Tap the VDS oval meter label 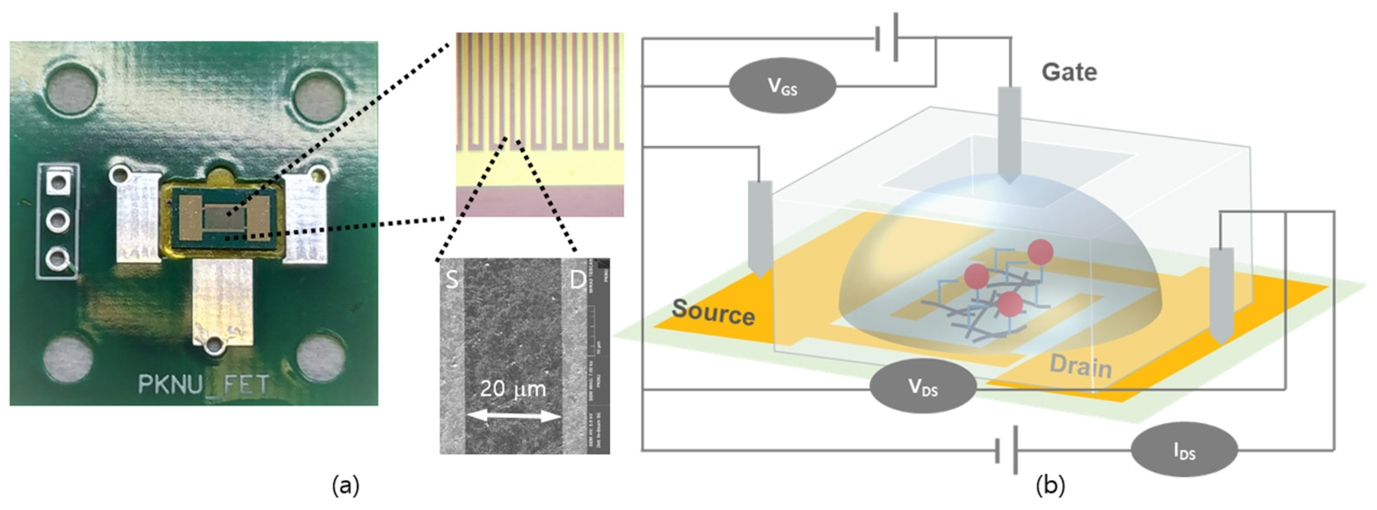pos(923,386)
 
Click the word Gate pos(1069,72)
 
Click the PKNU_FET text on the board pos(203,384)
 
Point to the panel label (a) pos(345,486)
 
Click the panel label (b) pos(1050,486)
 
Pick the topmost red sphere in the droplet pos(1040,252)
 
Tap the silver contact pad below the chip pos(222,302)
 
